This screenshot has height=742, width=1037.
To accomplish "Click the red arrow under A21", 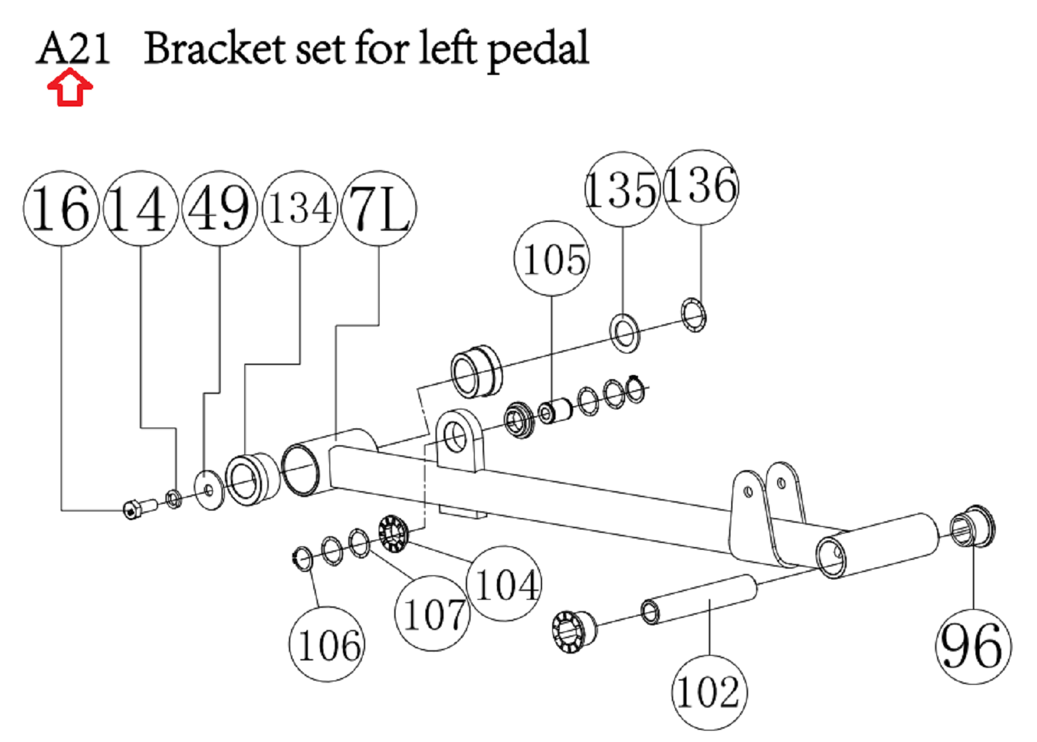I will (70, 89).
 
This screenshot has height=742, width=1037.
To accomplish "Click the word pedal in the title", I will (537, 50).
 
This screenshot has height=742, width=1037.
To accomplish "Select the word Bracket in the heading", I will (214, 49).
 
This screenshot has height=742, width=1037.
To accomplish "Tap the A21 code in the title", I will (73, 49).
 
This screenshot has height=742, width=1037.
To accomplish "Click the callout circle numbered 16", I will (61, 208).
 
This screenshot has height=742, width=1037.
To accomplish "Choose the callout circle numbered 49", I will (219, 208).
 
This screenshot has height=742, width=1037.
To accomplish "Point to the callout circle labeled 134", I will (299, 208).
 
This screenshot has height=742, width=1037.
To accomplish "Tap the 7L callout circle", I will (378, 208).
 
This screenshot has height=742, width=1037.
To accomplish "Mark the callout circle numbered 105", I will (552, 258).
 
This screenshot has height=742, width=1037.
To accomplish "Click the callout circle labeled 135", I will (621, 190).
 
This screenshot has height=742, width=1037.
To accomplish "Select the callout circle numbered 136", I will (701, 186).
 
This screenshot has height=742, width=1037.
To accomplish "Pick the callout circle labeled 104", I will (504, 584).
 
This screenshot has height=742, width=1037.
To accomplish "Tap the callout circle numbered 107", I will (433, 613).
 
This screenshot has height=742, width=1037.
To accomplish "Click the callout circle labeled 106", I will (327, 645).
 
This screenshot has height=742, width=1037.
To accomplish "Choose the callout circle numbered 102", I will (709, 692).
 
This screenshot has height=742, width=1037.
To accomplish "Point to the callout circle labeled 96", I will (972, 646).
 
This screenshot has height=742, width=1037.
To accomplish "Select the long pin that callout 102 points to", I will (699, 598).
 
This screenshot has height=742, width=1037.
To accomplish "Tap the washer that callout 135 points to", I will (625, 332).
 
